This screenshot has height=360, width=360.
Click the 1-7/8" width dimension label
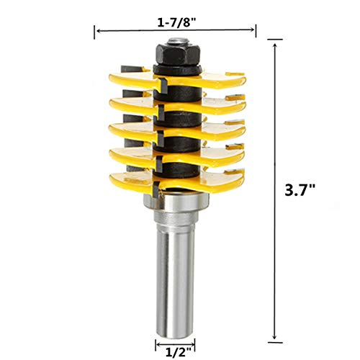tap(176, 22)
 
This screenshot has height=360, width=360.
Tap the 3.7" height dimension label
tap(300, 191)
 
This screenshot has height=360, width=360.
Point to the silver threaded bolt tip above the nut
tap(178, 41)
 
